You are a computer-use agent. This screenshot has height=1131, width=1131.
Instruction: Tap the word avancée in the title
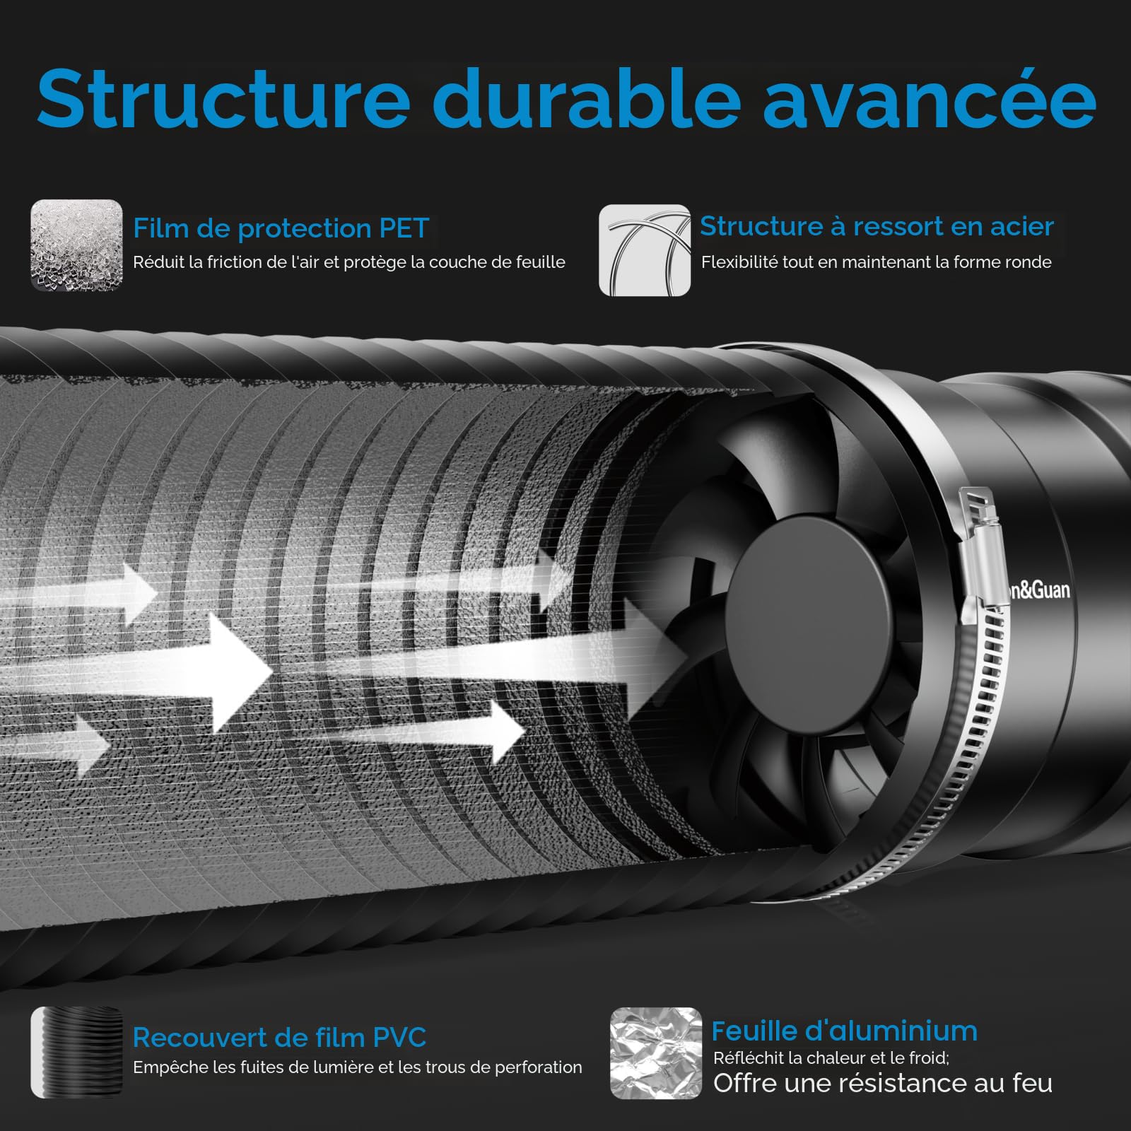click(x=930, y=98)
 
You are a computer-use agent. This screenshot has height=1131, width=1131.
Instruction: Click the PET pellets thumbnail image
click(x=76, y=245)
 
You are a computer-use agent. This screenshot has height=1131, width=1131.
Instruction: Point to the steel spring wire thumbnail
click(x=645, y=250)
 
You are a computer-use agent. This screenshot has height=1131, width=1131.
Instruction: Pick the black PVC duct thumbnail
click(x=76, y=1053)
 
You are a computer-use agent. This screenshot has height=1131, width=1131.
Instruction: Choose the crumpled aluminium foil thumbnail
click(x=656, y=1053)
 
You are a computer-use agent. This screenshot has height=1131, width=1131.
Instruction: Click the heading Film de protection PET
click(x=281, y=229)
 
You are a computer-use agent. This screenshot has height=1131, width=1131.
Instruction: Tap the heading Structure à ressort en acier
click(x=877, y=226)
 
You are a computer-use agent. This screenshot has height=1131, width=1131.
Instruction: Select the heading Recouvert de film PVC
click(x=280, y=1038)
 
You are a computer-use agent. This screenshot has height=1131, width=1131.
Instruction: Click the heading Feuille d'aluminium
click(x=844, y=1031)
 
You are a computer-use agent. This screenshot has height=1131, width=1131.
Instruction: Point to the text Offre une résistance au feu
click(x=883, y=1083)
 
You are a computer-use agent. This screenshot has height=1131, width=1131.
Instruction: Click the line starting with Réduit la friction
click(x=349, y=262)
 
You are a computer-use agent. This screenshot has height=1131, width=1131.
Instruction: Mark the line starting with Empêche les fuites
click(x=358, y=1067)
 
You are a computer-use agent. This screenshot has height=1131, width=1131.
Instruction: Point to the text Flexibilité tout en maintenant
click(x=877, y=262)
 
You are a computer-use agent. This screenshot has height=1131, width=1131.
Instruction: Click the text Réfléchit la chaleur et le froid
click(x=831, y=1057)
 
